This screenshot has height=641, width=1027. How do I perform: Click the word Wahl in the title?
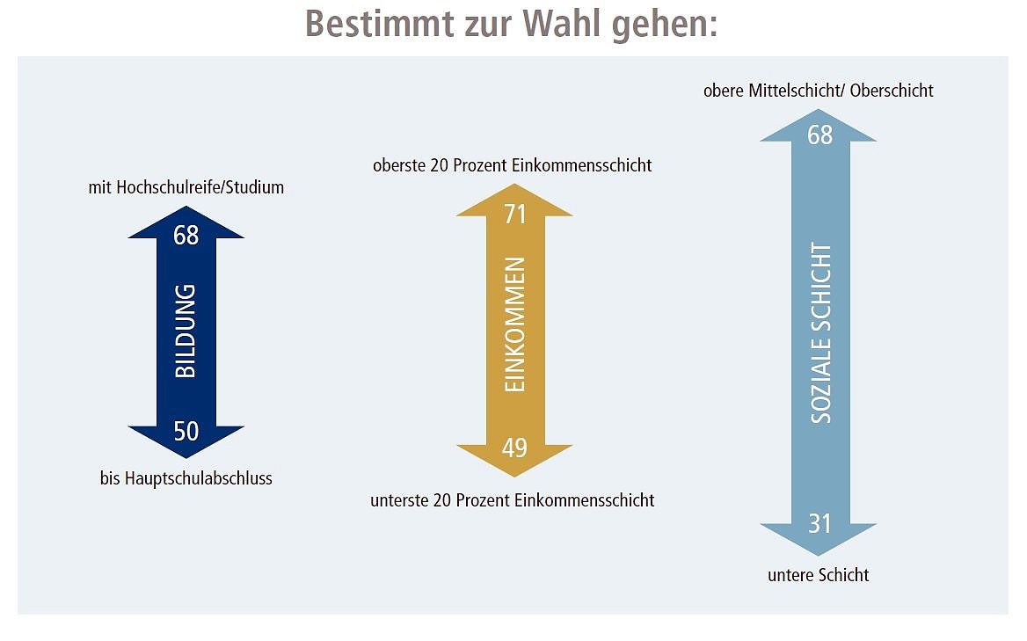point(563,24)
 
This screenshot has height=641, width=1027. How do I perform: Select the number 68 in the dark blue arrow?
point(186,236)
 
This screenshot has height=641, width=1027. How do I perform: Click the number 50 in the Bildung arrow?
point(186,432)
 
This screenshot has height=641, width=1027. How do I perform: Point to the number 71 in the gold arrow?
point(514,214)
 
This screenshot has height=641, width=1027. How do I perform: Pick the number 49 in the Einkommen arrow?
point(514,448)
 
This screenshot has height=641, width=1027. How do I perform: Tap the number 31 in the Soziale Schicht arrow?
point(819,524)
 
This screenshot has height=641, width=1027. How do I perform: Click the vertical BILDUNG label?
point(186,331)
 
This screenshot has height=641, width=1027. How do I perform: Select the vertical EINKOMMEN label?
point(515,325)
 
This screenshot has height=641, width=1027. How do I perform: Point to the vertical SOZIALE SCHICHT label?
point(820,334)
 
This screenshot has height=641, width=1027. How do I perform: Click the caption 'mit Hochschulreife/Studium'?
point(186,187)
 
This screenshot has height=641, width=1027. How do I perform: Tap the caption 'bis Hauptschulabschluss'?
point(186,479)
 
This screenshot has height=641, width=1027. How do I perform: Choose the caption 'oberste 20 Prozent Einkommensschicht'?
point(513,165)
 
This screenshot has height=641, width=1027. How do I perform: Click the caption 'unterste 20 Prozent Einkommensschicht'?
point(513,501)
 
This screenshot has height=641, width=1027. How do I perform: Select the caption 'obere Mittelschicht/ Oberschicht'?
point(819,91)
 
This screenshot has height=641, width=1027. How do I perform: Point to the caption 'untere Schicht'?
point(819,576)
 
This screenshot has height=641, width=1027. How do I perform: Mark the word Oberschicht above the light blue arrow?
point(889,91)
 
